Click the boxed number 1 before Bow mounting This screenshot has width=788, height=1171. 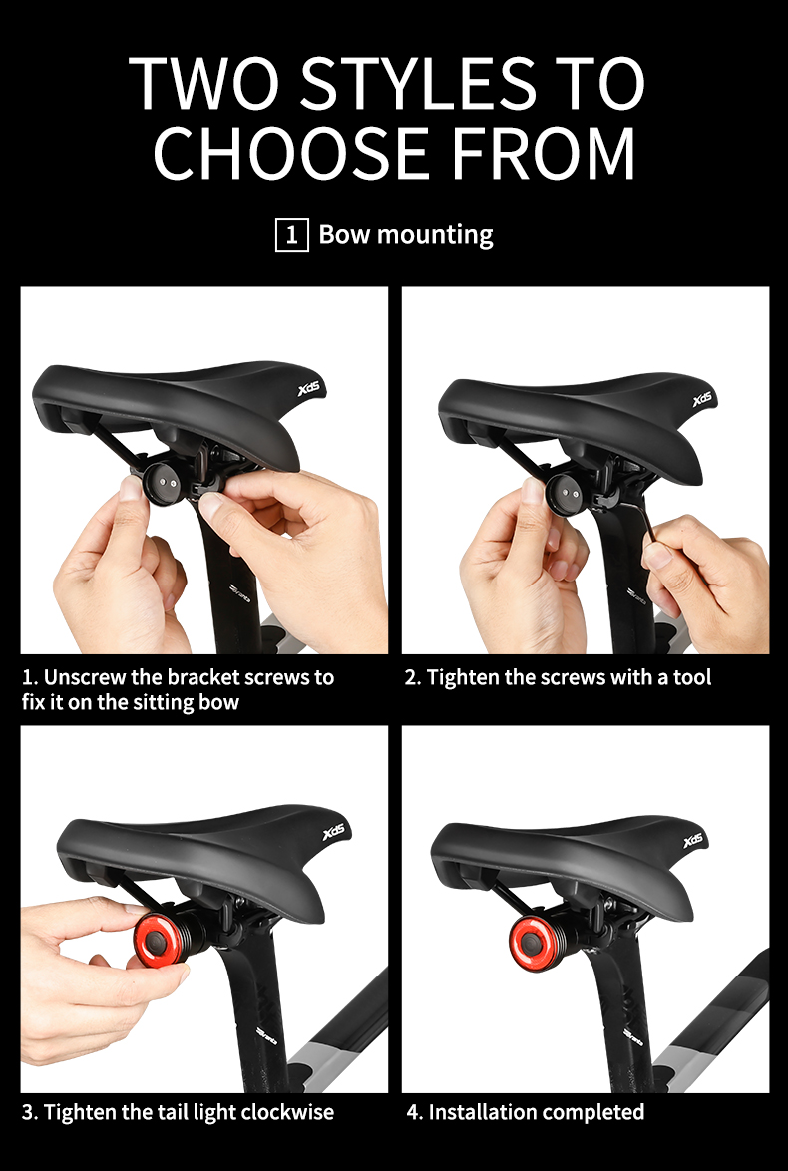tap(291, 235)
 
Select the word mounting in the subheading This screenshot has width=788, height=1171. tap(434, 236)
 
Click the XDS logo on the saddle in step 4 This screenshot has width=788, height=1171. tap(693, 841)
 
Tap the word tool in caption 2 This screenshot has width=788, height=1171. tap(692, 677)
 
